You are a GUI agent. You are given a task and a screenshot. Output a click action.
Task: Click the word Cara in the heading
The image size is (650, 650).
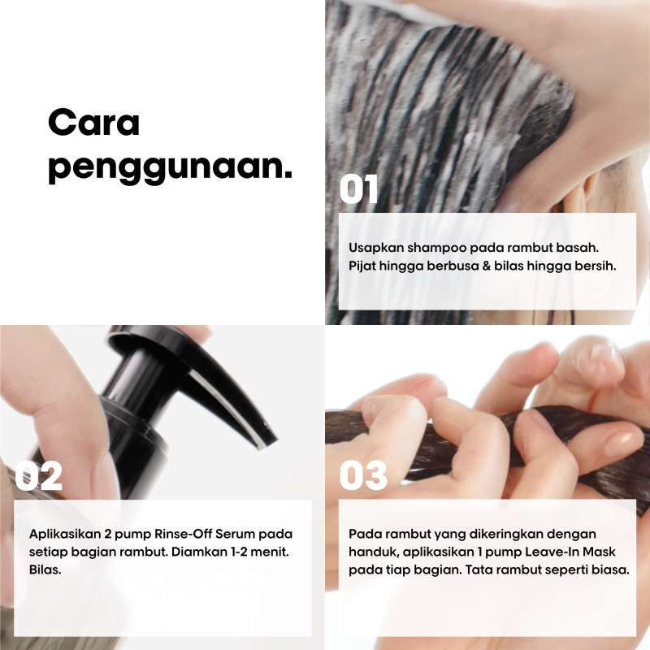(94, 123)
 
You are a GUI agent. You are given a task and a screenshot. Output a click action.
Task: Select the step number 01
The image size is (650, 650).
(358, 189)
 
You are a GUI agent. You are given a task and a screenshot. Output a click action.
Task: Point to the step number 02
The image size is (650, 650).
(38, 475)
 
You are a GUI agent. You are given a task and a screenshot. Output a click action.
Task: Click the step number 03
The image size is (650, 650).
(363, 475)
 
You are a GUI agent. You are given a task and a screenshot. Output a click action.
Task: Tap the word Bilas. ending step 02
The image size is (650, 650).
(45, 570)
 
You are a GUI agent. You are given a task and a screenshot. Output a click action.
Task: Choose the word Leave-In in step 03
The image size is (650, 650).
(552, 552)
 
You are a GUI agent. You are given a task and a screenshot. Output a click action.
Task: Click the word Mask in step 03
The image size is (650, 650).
(599, 552)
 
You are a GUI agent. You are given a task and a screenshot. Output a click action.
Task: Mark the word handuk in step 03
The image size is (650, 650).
(374, 552)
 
